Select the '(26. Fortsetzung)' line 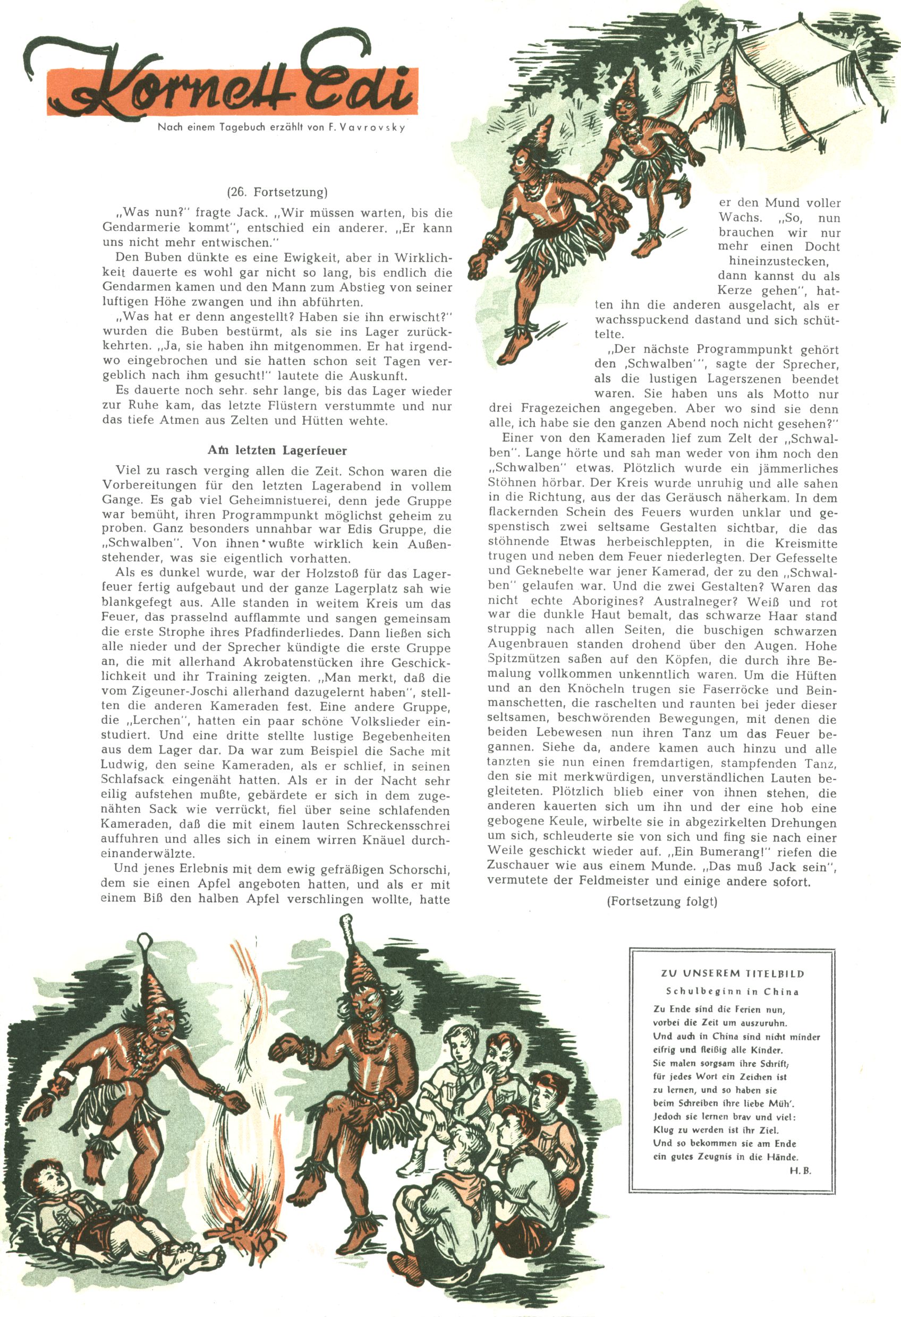(x=277, y=192)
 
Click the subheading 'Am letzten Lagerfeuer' (x=277, y=450)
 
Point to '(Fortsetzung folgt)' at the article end (x=662, y=901)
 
